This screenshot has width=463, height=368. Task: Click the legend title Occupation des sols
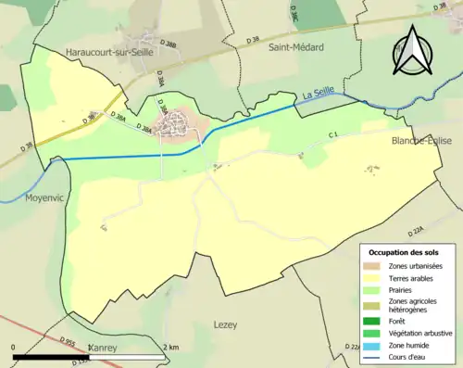point(404,252)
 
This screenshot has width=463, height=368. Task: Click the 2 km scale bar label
point(171,347)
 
